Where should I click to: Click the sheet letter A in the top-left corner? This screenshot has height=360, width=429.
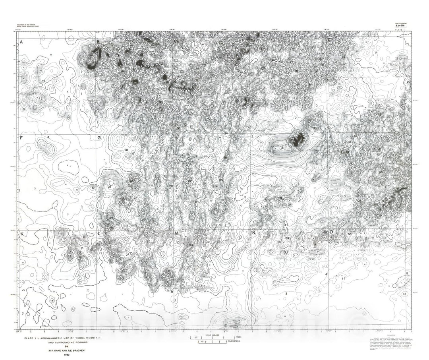pos(21,42)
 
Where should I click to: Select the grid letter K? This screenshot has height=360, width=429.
pos(22,234)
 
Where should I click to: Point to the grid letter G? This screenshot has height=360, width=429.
pos(99,138)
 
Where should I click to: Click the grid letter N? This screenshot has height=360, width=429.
pos(253,233)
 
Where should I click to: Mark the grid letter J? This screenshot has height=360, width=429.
pos(330,136)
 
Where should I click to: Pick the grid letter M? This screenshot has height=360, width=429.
pos(177,233)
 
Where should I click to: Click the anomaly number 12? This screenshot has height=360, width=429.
pos(43,81)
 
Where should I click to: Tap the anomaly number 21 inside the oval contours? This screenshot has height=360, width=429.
pos(283,148)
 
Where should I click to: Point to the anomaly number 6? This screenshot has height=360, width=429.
pos(48,137)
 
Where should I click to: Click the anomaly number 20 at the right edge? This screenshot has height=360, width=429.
pos(409,82)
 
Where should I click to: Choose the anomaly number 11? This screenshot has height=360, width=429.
pos(343,279)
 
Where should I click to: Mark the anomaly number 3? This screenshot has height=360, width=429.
pos(286,293)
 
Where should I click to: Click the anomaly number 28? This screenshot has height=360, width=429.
pos(126,150)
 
